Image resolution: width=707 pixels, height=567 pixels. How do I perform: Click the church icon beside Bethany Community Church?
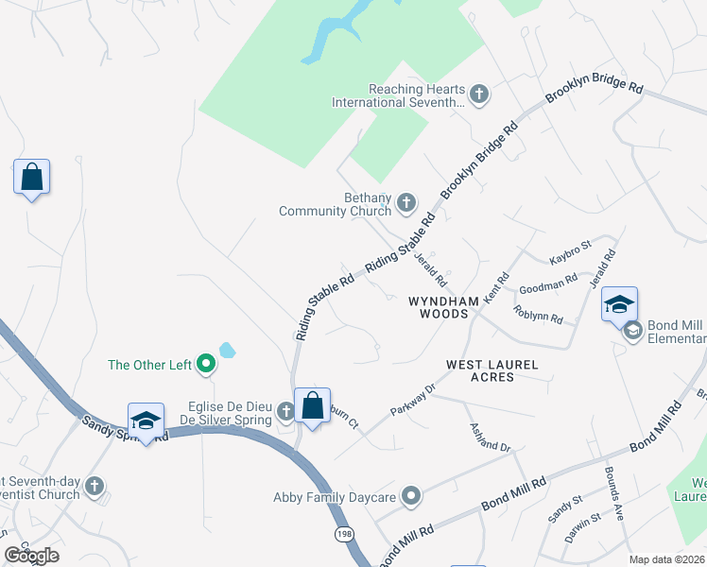pyautogui.click(x=406, y=201)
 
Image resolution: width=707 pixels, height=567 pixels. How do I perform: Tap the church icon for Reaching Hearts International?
pyautogui.click(x=479, y=94)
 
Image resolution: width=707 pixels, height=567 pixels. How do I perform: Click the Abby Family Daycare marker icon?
pyautogui.click(x=411, y=495)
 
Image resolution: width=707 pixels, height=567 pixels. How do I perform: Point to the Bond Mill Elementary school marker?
pyautogui.click(x=631, y=330)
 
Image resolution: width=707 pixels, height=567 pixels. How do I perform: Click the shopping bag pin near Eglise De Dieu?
pyautogui.click(x=312, y=406)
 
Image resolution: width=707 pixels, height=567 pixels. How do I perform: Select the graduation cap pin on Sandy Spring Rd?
pyautogui.click(x=146, y=421)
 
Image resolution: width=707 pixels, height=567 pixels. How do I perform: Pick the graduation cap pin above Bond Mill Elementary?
pyautogui.click(x=619, y=304)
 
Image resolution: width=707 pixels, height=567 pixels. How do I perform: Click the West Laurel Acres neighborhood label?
pyautogui.click(x=492, y=370)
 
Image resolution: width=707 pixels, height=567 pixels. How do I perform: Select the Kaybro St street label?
pyautogui.click(x=570, y=252)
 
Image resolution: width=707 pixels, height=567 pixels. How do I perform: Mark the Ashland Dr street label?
pyautogui.click(x=491, y=436)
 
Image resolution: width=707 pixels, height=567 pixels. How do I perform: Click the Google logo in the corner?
pyautogui.click(x=32, y=556)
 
